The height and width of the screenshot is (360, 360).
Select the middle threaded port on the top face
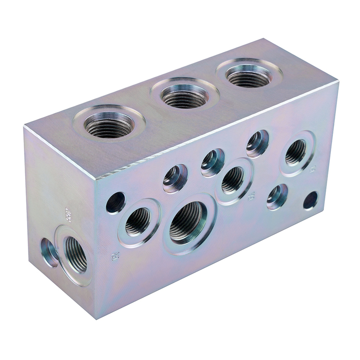pos(184,95)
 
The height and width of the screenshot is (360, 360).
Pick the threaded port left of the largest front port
pos(138,221)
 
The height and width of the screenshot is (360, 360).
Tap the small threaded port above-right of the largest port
pos(233,180)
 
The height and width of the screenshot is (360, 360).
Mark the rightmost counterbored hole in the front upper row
pos(257,144)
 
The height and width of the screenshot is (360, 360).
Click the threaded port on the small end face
pos(76,254)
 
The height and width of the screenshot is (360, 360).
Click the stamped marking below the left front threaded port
pos(114,256)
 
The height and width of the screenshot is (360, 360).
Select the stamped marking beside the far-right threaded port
pos(314,169)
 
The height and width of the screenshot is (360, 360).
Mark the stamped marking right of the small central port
pos(252,196)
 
